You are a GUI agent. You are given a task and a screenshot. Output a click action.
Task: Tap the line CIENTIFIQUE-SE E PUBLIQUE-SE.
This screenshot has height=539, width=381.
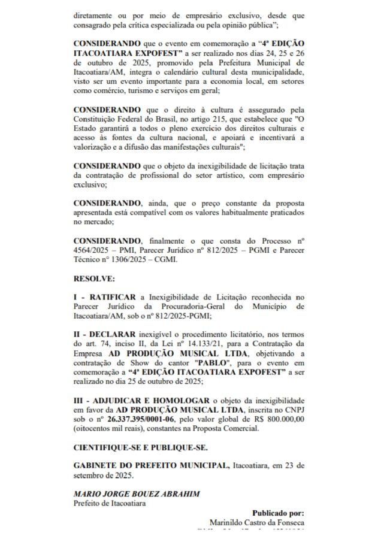[141, 447]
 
